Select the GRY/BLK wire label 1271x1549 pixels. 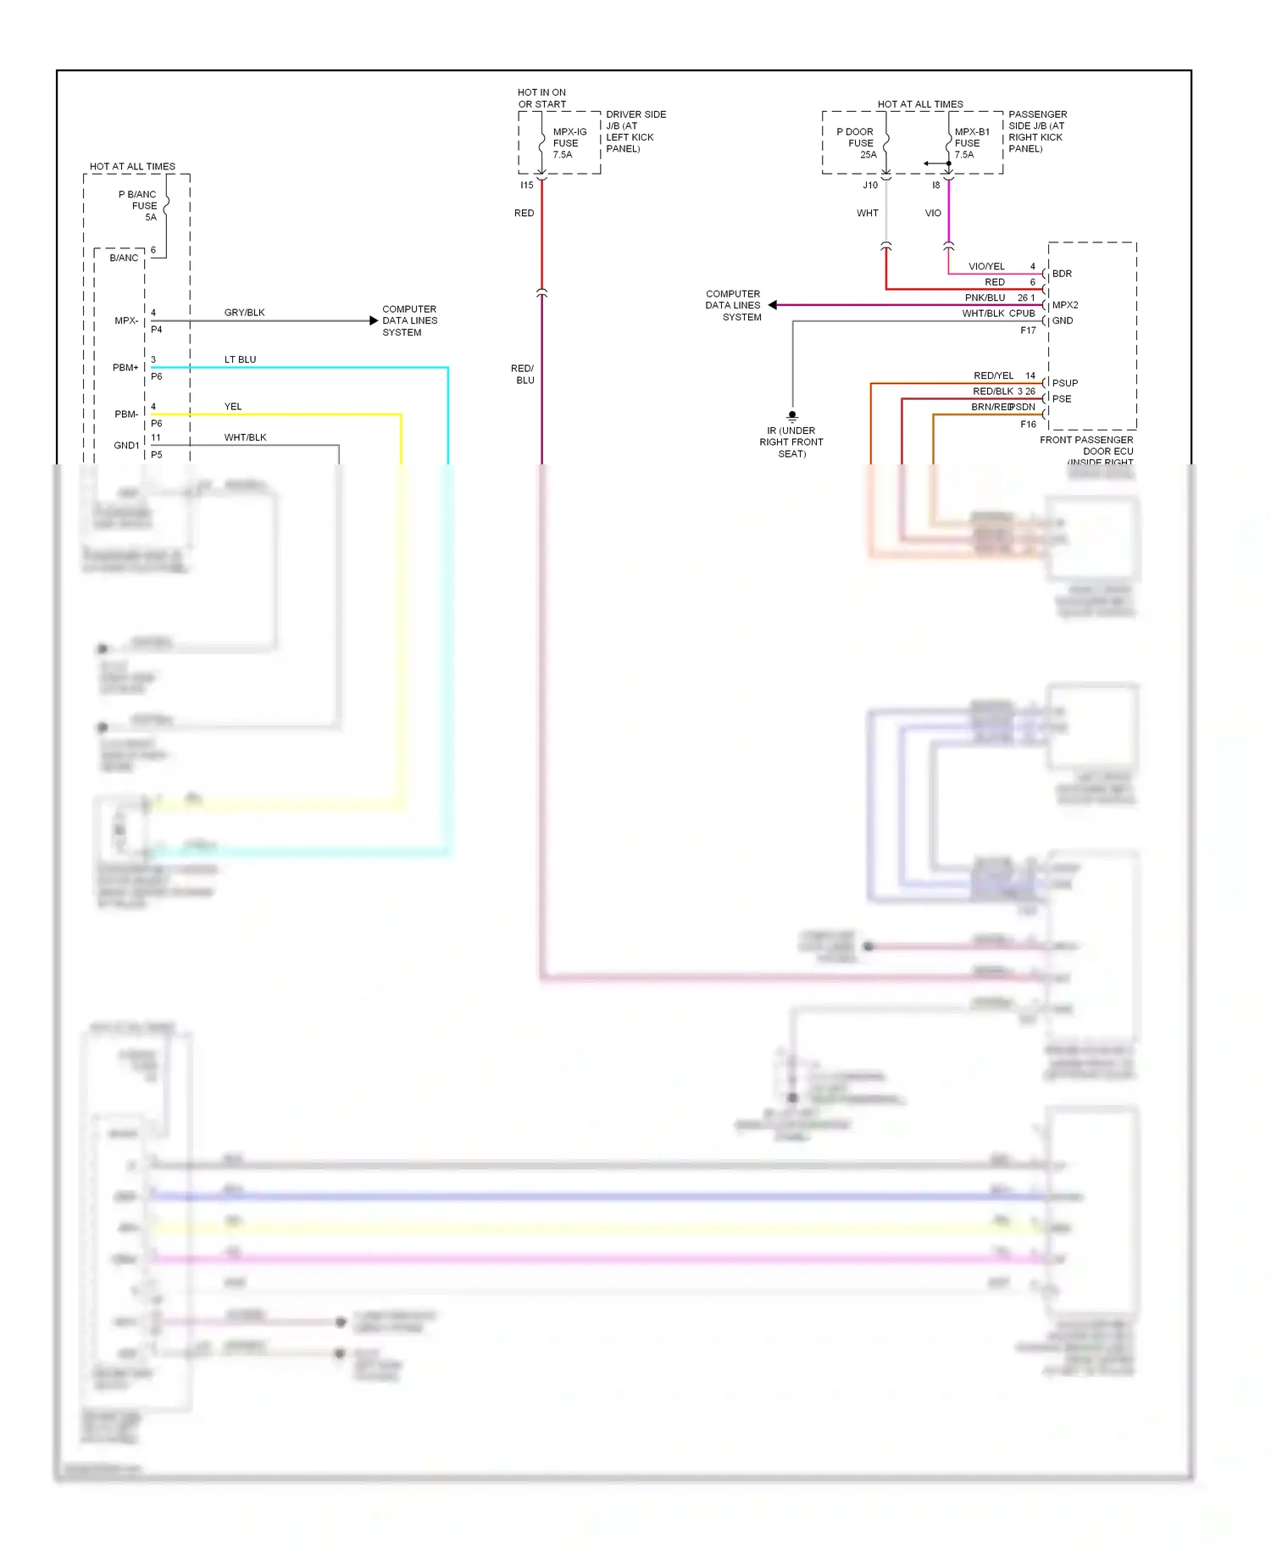pos(244,313)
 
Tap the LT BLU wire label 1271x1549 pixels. pos(240,359)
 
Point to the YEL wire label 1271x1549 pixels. pos(233,407)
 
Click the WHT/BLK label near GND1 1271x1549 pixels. pos(245,437)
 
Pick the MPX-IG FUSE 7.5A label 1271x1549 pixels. pos(569,143)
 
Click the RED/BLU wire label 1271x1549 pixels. pos(523,374)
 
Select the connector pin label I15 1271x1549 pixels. pos(526,185)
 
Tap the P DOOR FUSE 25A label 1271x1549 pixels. pos(857,143)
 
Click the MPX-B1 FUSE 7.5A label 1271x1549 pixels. pos(970,143)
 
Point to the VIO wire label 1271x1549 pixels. pos(932,213)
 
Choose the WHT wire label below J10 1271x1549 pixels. pos(867,213)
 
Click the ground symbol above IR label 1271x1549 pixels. pos(792,416)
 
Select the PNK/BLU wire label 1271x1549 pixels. pos(985,297)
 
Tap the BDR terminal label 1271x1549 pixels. pos(1062,274)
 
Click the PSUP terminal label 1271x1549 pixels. pos(1064,383)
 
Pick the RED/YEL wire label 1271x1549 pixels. pos(993,375)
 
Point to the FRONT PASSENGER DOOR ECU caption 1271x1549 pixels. pos(1087,446)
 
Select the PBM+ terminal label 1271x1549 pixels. pos(125,368)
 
